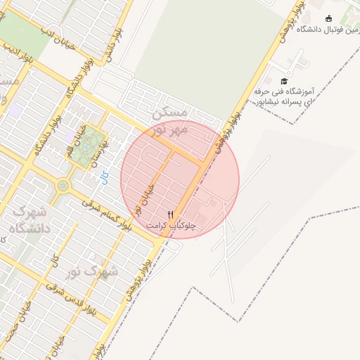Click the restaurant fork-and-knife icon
click(169, 214)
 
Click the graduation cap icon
click(284, 82)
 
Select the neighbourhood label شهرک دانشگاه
click(28, 219)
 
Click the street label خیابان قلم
click(75, 139)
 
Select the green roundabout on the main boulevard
click(64, 185)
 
